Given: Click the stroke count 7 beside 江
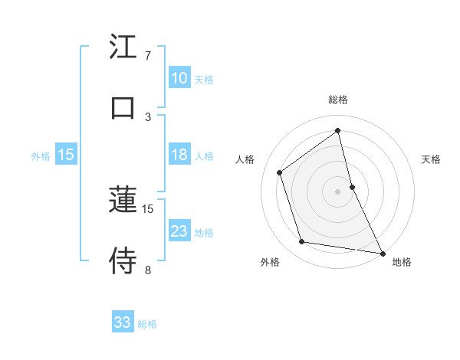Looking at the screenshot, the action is (x=148, y=56).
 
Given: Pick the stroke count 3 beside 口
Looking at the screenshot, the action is (x=148, y=117).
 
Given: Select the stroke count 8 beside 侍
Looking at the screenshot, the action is (x=148, y=270).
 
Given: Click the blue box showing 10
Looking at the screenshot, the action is (x=179, y=78).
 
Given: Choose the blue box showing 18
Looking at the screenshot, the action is (x=179, y=155).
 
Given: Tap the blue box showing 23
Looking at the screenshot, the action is (x=179, y=231).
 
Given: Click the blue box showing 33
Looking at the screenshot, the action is (x=122, y=322).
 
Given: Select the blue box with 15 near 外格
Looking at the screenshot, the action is (x=66, y=155).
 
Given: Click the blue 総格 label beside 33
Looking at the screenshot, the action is (x=147, y=324).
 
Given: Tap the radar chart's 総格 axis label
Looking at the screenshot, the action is (x=338, y=100).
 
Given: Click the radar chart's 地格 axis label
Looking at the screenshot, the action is (x=402, y=262).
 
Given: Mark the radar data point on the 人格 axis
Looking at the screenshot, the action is (x=280, y=172).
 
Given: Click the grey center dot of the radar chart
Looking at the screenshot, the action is (x=338, y=191).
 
